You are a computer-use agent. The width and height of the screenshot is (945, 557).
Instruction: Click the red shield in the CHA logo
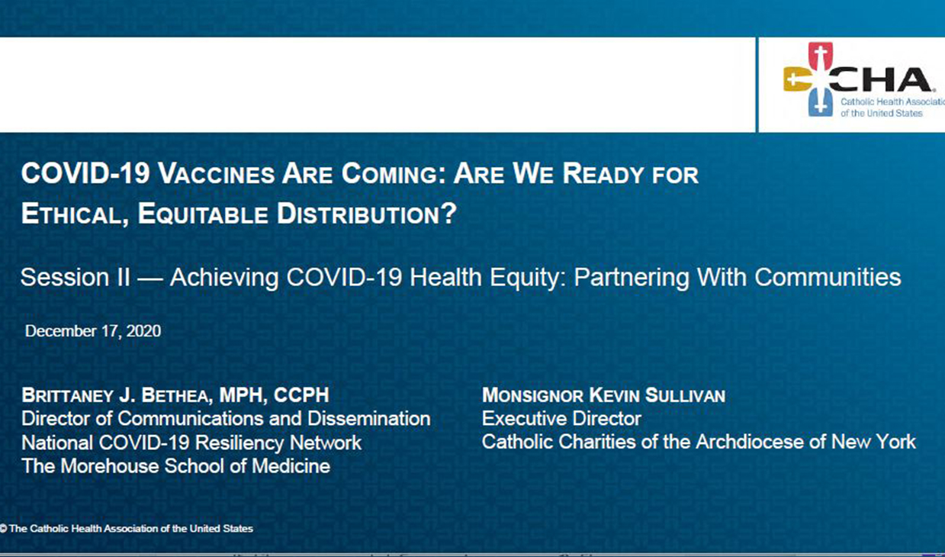(x=820, y=56)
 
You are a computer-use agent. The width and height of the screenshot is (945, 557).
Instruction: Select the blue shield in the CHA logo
(x=820, y=102)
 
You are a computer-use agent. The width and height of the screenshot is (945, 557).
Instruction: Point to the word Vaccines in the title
(x=217, y=173)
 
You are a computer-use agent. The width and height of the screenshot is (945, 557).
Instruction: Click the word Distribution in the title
(x=367, y=213)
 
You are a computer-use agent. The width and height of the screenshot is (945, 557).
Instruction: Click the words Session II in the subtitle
(x=75, y=277)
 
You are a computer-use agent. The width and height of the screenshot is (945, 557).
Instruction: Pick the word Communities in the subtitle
(x=828, y=277)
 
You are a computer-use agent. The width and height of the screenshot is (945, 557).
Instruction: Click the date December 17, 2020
(x=93, y=331)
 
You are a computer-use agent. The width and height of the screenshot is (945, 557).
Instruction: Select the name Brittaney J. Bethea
(x=114, y=395)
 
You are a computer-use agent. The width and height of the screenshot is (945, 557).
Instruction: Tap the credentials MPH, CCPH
(x=275, y=395)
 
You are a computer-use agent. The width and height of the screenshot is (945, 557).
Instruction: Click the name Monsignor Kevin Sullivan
(x=604, y=395)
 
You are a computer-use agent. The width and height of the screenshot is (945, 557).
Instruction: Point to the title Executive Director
(x=561, y=419)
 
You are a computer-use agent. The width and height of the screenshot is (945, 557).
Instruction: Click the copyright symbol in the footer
(x=3, y=529)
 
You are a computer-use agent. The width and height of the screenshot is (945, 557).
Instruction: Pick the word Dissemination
(x=369, y=419)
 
